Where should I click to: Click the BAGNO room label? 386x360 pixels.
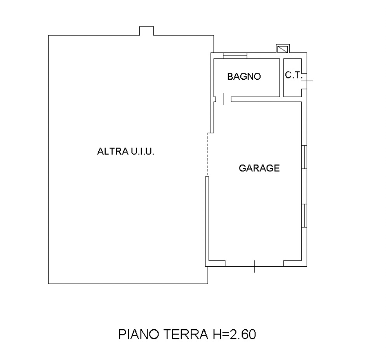244,77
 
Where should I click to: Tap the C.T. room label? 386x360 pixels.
293,75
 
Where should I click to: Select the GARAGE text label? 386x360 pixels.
259,168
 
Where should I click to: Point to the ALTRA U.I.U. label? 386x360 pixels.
126,152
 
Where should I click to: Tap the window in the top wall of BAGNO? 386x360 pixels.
235,56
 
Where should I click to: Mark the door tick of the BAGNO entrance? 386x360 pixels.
223,99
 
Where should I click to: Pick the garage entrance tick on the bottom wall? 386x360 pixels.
254,266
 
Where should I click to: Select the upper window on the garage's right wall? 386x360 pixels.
304,157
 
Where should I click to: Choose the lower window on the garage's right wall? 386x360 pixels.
304,215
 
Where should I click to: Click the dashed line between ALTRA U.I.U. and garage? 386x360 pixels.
208,155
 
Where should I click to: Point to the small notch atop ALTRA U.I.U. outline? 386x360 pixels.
146,31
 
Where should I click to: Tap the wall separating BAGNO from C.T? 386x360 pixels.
282,77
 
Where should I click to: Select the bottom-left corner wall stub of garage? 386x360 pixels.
216,263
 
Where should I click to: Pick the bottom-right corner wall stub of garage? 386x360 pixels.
294,263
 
